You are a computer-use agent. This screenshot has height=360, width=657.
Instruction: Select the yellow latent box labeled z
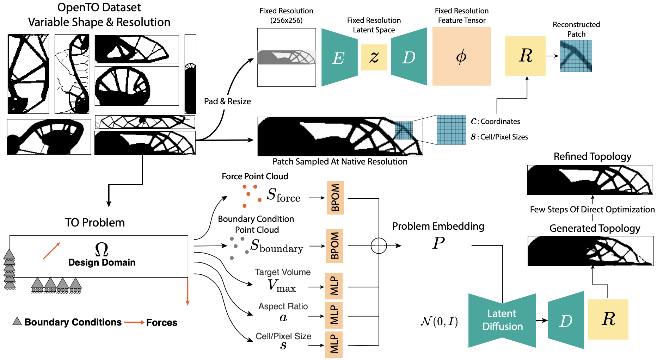(x=374, y=57)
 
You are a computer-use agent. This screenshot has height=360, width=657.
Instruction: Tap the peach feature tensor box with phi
(x=461, y=56)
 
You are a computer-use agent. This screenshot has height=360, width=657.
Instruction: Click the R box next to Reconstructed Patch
(x=525, y=56)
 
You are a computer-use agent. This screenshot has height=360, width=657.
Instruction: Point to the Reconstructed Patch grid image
(x=576, y=56)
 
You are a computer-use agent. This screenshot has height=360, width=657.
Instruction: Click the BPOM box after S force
(x=335, y=198)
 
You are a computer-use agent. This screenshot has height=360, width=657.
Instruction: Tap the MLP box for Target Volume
(x=334, y=286)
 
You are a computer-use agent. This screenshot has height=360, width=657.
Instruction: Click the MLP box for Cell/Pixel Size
(x=334, y=345)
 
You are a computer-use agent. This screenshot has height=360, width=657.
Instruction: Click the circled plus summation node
(x=379, y=246)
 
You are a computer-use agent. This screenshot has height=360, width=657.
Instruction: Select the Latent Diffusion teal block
(x=502, y=320)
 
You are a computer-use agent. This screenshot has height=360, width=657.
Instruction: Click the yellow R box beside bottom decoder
(x=608, y=319)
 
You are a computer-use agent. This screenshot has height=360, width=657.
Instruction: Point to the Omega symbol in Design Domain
(x=102, y=249)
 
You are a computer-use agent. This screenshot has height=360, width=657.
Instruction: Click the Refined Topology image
(x=590, y=180)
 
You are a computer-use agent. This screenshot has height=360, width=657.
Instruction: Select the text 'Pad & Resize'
(x=227, y=101)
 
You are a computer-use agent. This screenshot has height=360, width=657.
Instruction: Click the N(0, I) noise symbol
(x=439, y=321)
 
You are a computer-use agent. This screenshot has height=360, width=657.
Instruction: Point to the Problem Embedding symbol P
(x=438, y=243)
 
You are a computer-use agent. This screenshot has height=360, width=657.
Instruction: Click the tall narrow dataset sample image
(x=190, y=74)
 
